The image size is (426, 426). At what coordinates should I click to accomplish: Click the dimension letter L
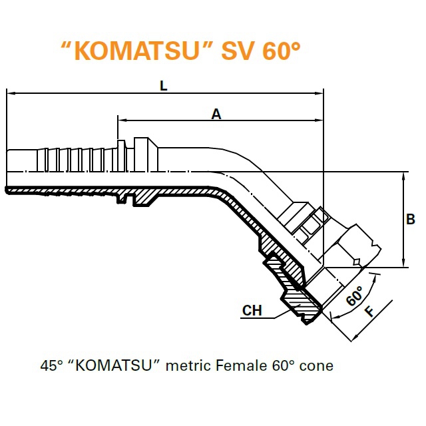coord(163,86)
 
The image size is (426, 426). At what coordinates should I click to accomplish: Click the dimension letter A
coord(216,114)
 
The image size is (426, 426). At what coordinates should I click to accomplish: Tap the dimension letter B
coord(411,219)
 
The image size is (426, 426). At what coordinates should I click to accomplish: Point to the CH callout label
coord(252,310)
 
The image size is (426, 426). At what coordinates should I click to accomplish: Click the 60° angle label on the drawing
coord(355,296)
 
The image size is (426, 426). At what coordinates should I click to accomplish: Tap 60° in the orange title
coord(281,50)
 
